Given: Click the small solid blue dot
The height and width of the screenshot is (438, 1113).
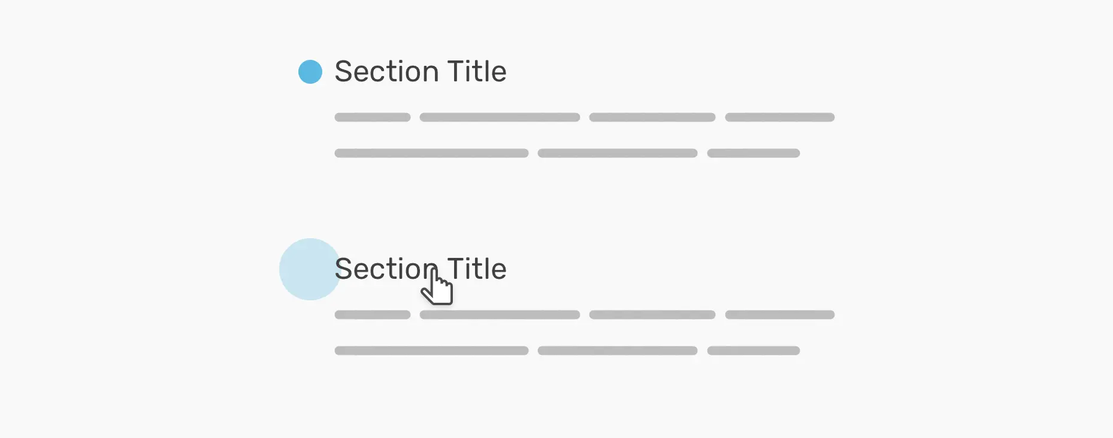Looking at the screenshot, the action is click(310, 72).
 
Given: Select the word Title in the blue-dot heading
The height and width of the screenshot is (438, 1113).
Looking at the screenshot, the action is click(477, 72).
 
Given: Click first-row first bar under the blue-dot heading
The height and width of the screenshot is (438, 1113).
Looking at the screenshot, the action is click(373, 117).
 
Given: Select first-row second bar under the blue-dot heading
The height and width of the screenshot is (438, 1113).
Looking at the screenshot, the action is click(500, 117).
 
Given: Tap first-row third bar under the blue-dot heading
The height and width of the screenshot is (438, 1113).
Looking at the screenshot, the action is click(652, 117).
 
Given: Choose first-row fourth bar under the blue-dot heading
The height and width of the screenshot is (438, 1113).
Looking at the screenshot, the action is click(780, 117).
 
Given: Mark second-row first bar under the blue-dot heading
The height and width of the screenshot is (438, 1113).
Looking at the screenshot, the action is click(431, 153).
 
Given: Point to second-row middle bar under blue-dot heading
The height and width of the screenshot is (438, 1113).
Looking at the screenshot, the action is click(618, 153).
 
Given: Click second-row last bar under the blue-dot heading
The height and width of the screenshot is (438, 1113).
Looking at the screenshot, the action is click(754, 153).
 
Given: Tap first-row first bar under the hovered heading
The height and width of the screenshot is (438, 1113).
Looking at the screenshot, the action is click(373, 315).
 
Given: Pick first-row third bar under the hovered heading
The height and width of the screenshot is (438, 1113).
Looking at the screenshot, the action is click(652, 315).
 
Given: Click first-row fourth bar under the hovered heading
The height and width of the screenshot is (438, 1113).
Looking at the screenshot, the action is click(780, 315).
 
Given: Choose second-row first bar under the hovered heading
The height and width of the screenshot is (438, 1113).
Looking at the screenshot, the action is click(431, 351).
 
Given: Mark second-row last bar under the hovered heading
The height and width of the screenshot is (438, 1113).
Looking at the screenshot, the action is click(754, 351).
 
